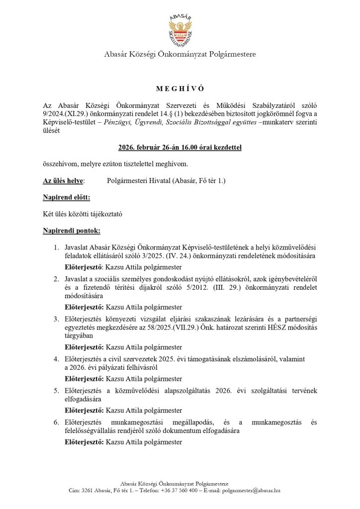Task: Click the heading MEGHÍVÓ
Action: [x=180, y=88]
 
